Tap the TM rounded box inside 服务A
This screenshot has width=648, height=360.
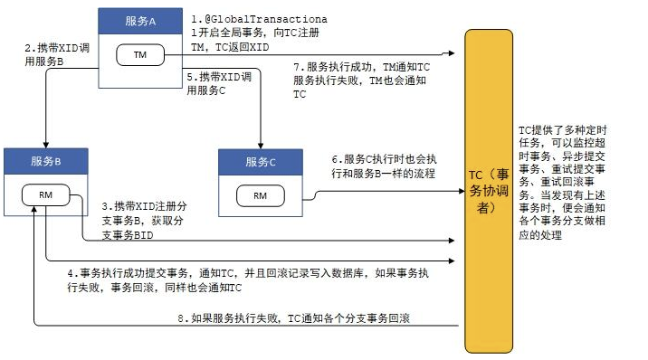(139, 56)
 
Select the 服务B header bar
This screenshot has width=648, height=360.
(45, 162)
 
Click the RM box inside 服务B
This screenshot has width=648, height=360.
(45, 195)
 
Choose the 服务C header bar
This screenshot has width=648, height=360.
(261, 162)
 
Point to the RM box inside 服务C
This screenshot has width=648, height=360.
(261, 194)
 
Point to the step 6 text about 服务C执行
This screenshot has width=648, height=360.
(384, 166)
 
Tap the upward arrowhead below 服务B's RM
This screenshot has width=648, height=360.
(33, 211)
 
